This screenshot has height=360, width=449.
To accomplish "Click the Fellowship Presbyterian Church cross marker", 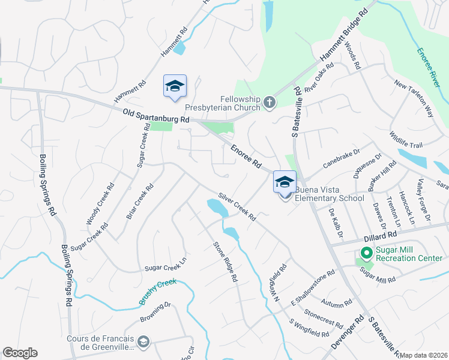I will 270,103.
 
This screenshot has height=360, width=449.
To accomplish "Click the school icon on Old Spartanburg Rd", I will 175,86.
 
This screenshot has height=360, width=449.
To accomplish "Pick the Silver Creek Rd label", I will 237,206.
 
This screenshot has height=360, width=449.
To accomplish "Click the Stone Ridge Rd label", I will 226,262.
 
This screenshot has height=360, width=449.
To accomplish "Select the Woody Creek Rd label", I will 100,205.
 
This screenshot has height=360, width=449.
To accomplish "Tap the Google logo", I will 20,353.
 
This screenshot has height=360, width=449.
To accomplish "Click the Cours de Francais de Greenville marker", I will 143,342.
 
